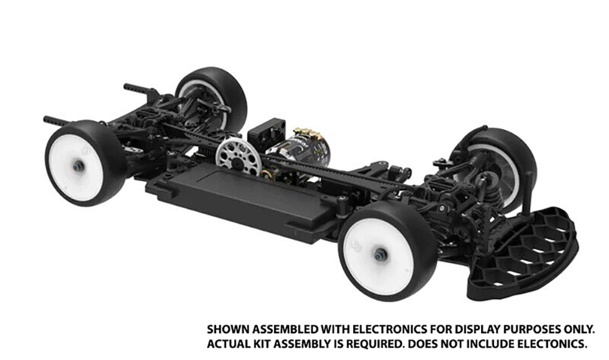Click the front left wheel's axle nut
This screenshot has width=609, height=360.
point(379,255)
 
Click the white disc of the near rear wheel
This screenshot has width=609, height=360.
point(70,164)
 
